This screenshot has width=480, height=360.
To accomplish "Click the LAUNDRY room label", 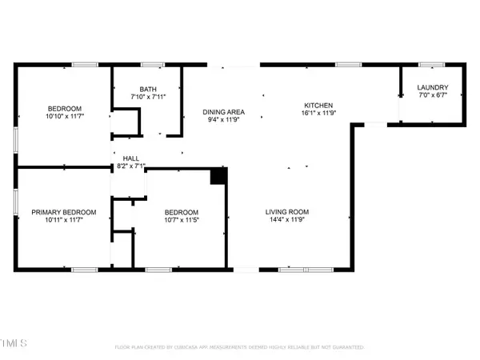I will (433, 88).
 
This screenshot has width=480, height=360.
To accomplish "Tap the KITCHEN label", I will (318, 106).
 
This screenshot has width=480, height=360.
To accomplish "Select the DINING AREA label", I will (223, 112).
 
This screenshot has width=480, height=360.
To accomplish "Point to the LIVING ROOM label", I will (287, 212).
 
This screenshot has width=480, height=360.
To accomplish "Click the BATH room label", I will (147, 90).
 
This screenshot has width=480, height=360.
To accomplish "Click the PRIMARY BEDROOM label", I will (64, 212).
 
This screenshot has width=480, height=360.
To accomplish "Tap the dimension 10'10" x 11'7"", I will (63, 116).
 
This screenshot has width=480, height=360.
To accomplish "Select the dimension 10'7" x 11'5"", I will (181, 220).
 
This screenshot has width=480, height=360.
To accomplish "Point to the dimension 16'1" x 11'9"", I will (318, 114).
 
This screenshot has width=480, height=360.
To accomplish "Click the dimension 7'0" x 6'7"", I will (433, 96).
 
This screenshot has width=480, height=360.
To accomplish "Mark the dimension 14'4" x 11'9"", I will (287, 220).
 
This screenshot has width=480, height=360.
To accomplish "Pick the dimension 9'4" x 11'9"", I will (223, 120).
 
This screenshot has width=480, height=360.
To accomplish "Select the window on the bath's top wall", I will (153, 64).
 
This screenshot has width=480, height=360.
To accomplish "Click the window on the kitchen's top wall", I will (347, 64).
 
